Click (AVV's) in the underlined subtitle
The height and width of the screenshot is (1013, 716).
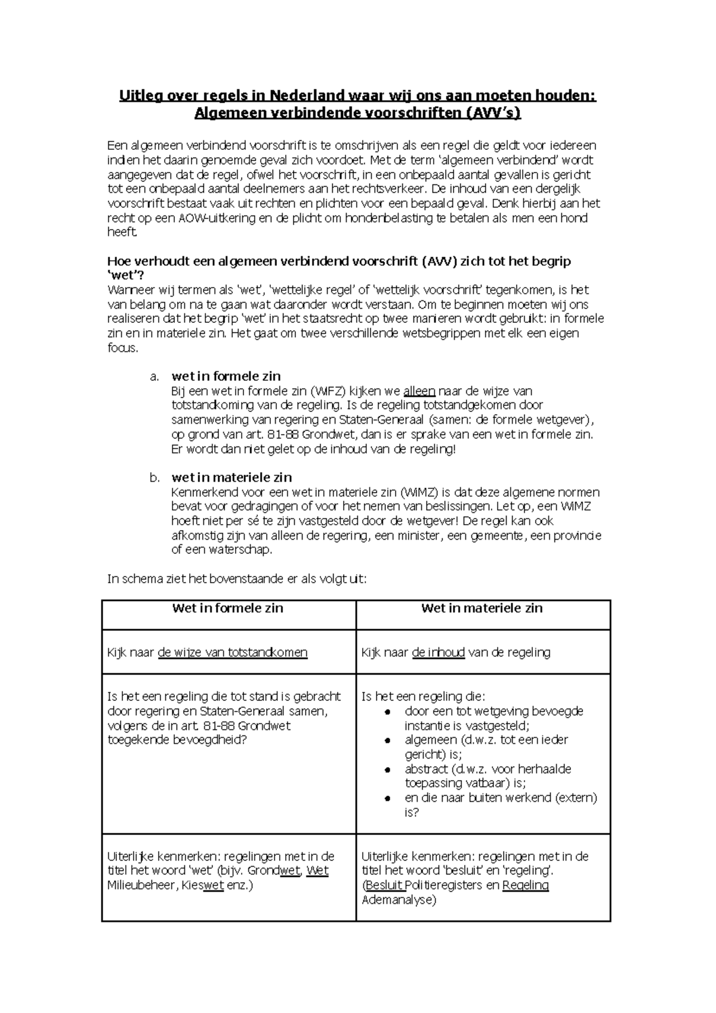pos(493,113)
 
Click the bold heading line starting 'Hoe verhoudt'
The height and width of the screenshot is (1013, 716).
pos(338,261)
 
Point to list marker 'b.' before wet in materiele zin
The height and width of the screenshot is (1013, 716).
pos(155,478)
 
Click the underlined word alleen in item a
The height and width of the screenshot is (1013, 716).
pos(419,392)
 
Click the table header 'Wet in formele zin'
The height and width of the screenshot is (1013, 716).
pos(227,608)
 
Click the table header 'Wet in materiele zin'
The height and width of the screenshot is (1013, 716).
pos(482,608)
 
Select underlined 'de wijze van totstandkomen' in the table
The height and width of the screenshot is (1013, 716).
pos(233,652)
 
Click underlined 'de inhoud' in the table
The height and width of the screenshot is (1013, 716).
pos(438,652)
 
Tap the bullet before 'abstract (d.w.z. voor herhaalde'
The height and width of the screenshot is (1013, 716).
pos(387,769)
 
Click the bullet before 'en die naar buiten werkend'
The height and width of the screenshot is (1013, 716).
pos(387,798)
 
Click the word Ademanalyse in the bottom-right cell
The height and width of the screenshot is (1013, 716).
pos(399,900)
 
